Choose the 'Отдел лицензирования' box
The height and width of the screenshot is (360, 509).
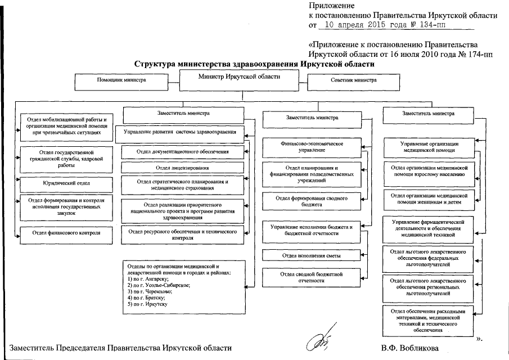coord(182,168)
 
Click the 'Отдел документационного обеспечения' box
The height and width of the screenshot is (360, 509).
coord(182,152)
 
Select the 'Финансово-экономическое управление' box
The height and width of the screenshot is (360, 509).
coord(312,147)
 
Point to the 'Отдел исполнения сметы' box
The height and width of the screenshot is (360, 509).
coord(312,256)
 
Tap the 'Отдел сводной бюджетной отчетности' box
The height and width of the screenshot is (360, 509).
coord(312,276)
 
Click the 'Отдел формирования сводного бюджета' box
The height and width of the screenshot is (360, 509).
coord(312,202)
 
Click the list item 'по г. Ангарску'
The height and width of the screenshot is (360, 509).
coord(148,279)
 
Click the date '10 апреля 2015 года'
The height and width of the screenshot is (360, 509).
coord(358,25)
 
